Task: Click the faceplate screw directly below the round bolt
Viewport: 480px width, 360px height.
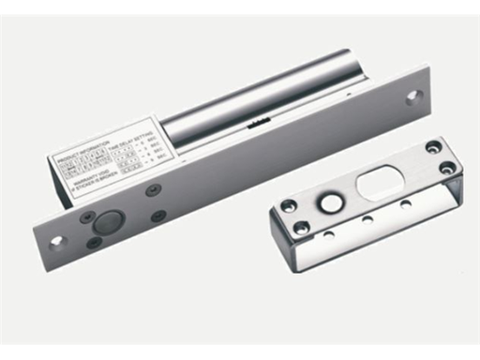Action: tap(94, 242)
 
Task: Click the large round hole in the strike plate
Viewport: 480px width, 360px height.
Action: tap(330, 201)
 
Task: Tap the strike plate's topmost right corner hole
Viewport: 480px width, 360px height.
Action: tap(432, 147)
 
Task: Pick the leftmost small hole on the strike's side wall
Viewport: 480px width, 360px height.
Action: tap(328, 233)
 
